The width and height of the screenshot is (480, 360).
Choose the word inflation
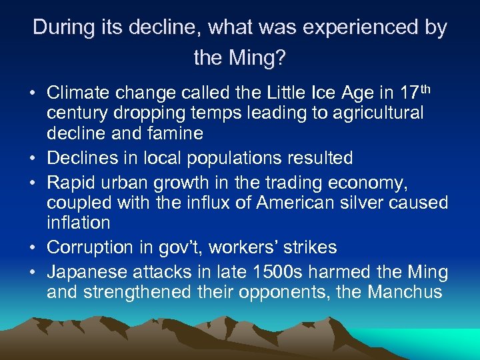pyautogui.click(x=78, y=223)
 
